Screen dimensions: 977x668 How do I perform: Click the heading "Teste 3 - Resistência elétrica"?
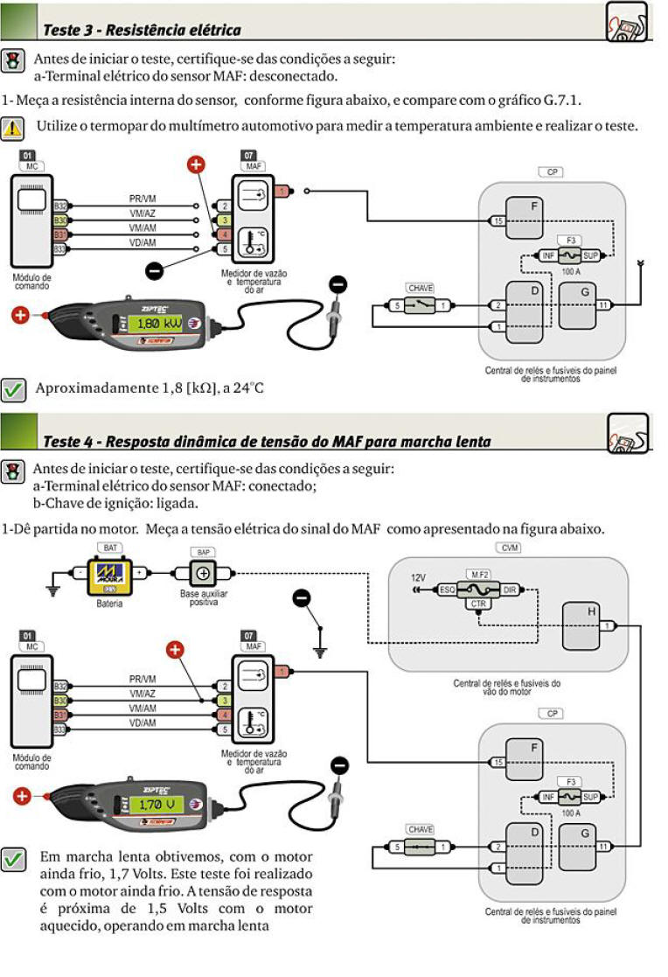(x=142, y=31)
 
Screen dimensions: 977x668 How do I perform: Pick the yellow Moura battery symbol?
(x=110, y=575)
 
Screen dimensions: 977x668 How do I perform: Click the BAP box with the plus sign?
(x=202, y=574)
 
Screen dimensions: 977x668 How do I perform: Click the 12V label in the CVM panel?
(x=419, y=578)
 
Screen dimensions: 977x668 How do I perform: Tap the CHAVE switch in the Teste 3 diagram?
(x=421, y=305)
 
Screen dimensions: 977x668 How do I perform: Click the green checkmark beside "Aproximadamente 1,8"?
(x=12, y=387)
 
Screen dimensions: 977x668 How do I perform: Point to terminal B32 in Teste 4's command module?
(x=60, y=687)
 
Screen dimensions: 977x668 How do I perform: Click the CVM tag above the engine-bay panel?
(x=507, y=548)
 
